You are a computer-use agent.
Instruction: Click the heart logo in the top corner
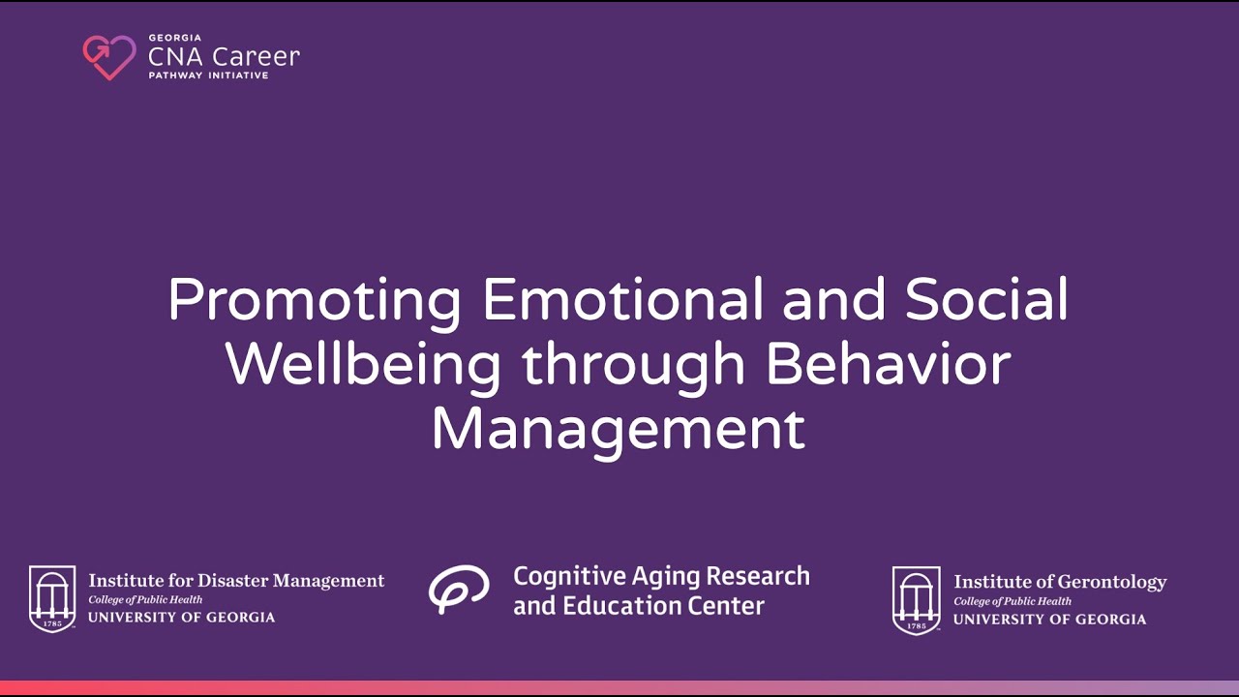click(x=108, y=57)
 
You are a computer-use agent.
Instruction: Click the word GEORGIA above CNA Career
click(x=174, y=39)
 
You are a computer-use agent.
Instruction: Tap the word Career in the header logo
click(x=256, y=56)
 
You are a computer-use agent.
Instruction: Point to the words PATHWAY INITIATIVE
click(x=208, y=76)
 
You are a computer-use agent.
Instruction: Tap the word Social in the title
click(x=986, y=300)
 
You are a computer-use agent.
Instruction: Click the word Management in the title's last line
click(x=618, y=429)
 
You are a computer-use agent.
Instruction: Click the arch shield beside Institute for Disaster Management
click(x=52, y=598)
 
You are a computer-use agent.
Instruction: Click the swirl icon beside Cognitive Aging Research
click(x=459, y=589)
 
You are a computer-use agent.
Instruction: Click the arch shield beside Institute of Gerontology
click(x=916, y=599)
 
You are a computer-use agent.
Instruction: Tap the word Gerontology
click(x=1111, y=582)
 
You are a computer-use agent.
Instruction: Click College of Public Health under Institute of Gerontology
click(x=1012, y=601)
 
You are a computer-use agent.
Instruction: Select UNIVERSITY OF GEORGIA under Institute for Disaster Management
click(x=182, y=618)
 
